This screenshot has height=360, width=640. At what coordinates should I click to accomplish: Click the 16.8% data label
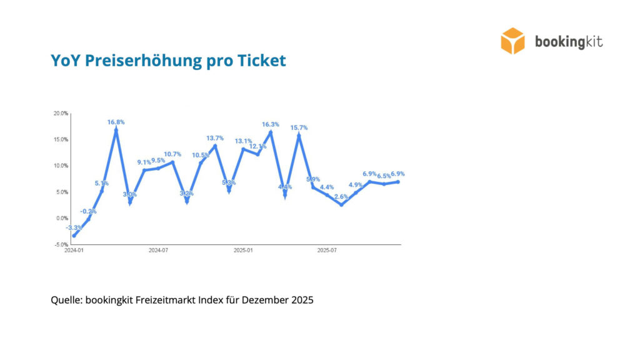[x=116, y=122]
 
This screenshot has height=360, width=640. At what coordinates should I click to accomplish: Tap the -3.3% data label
[x=73, y=227]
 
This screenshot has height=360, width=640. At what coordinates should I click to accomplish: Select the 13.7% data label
[x=215, y=138]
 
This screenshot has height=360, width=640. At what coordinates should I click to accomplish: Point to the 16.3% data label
[x=271, y=124]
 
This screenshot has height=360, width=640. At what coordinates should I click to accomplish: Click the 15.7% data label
[x=299, y=127]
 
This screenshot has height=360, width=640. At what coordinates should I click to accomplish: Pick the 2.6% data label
[x=341, y=197]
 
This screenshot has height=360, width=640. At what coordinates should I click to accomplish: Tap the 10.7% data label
[x=172, y=154]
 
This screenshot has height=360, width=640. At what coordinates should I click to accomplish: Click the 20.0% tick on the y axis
[x=61, y=114]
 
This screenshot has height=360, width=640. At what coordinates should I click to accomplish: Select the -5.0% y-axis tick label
[x=61, y=245]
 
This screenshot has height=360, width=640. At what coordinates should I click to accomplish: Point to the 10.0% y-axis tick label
[x=61, y=166]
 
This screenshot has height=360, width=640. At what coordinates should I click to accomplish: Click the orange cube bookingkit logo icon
[x=512, y=41]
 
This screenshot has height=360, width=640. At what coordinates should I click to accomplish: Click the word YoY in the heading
[x=66, y=61]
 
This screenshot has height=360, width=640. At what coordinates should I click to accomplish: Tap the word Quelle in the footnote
[x=66, y=300]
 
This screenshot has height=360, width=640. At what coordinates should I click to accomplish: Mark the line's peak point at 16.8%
[x=116, y=131]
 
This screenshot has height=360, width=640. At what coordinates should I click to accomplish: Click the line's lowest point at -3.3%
[x=74, y=236]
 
